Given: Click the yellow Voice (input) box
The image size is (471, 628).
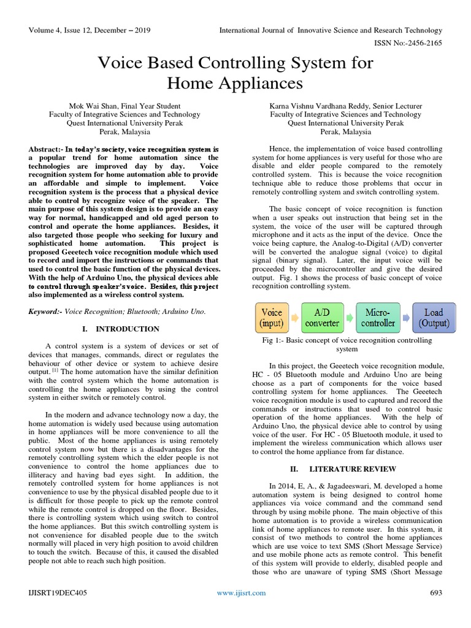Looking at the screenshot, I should tap(272, 317).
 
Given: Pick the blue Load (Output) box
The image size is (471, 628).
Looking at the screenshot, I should tap(434, 317).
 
